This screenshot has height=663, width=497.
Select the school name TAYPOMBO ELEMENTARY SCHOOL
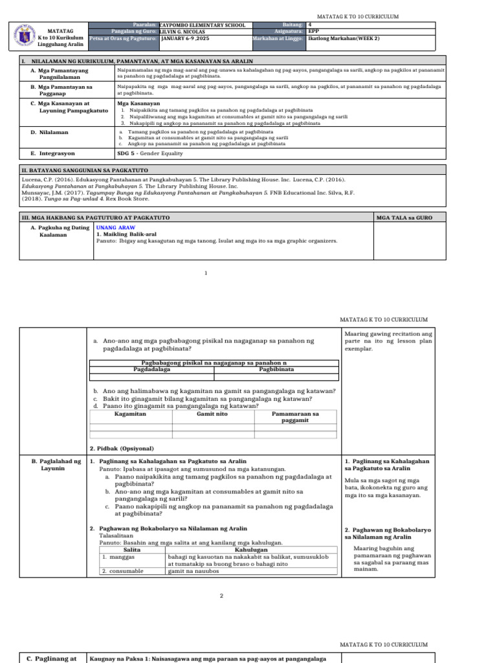point(202,25)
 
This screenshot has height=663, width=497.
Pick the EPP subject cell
point(314,32)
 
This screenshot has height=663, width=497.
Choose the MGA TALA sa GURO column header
point(404,218)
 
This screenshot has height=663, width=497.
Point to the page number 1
point(206,273)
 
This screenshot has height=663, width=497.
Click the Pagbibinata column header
point(276,369)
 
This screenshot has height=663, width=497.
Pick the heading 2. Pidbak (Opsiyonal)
point(122,448)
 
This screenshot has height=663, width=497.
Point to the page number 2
point(221,596)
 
